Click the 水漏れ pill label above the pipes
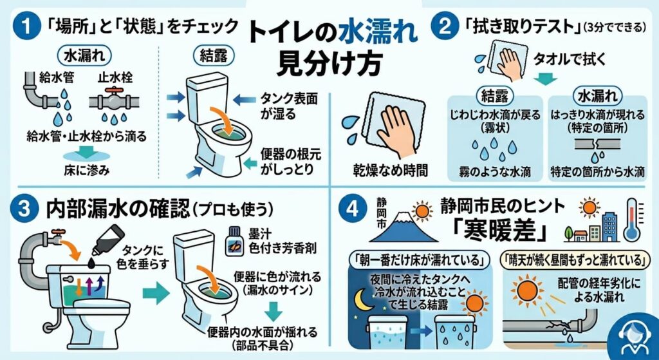85,57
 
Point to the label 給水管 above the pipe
57,78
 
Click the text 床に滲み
87,170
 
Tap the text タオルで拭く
570,60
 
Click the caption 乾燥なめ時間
391,170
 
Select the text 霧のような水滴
494,171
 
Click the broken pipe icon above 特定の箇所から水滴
597,145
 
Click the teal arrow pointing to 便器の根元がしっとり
250,163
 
